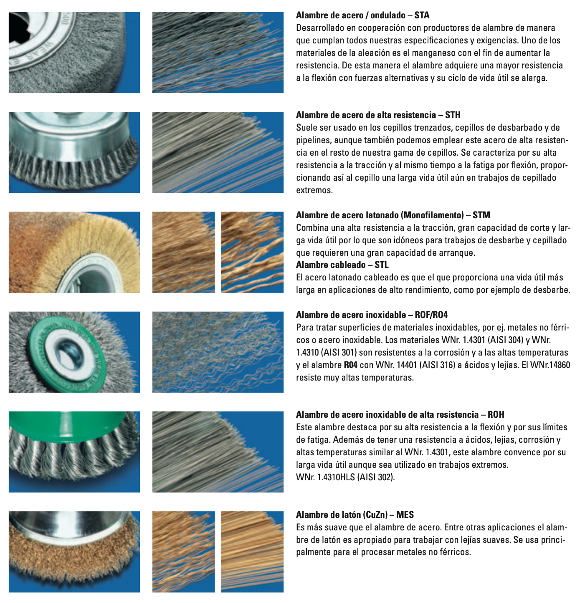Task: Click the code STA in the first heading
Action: pyautogui.click(x=422, y=15)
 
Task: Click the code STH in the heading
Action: pyautogui.click(x=453, y=115)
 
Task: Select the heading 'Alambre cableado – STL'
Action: pyautogui.click(x=342, y=265)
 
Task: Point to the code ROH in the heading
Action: pyautogui.click(x=496, y=415)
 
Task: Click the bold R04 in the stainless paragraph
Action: pyautogui.click(x=350, y=365)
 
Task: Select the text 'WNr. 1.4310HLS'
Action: pyautogui.click(x=325, y=477)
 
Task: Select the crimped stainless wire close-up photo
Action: pyautogui.click(x=218, y=352)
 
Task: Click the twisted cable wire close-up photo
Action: pyautogui.click(x=252, y=252)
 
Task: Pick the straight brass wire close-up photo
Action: pyautogui.click(x=252, y=552)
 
